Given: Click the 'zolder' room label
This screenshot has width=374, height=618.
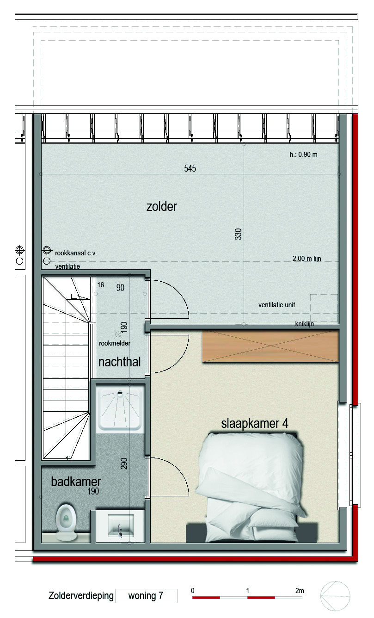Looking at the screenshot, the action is (x=162, y=207).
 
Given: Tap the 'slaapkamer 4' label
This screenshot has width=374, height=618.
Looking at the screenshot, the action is (x=255, y=424).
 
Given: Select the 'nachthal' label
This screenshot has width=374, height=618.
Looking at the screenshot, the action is (x=119, y=362).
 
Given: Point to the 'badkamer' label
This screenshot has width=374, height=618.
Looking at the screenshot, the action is (x=76, y=482).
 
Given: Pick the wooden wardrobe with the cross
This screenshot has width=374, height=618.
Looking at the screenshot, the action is (x=270, y=346).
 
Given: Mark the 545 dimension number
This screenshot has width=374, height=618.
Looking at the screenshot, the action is (x=190, y=168).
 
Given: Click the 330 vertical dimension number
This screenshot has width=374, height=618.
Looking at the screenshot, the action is (x=238, y=234).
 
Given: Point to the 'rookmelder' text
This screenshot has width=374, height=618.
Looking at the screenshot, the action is (x=115, y=343).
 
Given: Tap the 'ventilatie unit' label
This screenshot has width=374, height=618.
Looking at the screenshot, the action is (x=276, y=305).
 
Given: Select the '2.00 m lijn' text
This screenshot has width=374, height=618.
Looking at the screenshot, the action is (x=307, y=259).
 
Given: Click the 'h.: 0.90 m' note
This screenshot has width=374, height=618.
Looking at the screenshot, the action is (x=303, y=154).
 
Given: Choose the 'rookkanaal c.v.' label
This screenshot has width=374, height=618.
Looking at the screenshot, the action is (x=76, y=253).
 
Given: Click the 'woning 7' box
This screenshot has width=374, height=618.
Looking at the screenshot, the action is (x=146, y=596).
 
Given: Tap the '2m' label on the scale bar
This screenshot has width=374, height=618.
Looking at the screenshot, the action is (x=300, y=591).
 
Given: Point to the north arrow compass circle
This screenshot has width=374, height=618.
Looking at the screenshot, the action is (x=335, y=596).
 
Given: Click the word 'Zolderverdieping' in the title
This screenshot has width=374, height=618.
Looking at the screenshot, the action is (x=81, y=596).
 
